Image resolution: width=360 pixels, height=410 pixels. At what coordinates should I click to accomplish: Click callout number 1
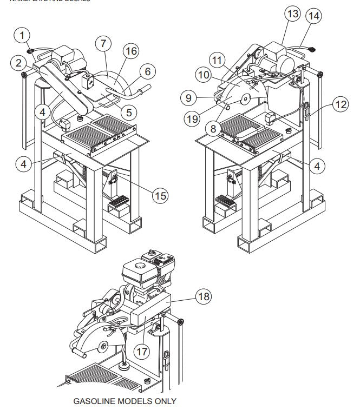coord(22,36)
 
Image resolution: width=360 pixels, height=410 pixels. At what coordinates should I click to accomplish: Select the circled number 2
coord(18,63)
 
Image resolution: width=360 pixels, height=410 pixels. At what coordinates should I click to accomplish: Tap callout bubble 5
coord(128,113)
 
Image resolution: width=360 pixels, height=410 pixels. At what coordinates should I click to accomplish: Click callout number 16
coord(130,51)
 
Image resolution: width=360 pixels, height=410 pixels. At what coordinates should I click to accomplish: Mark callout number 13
coord(292,14)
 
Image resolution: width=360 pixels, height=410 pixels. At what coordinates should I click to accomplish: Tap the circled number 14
coord(313,16)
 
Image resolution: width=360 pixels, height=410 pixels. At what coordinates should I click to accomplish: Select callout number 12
coord(341,104)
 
